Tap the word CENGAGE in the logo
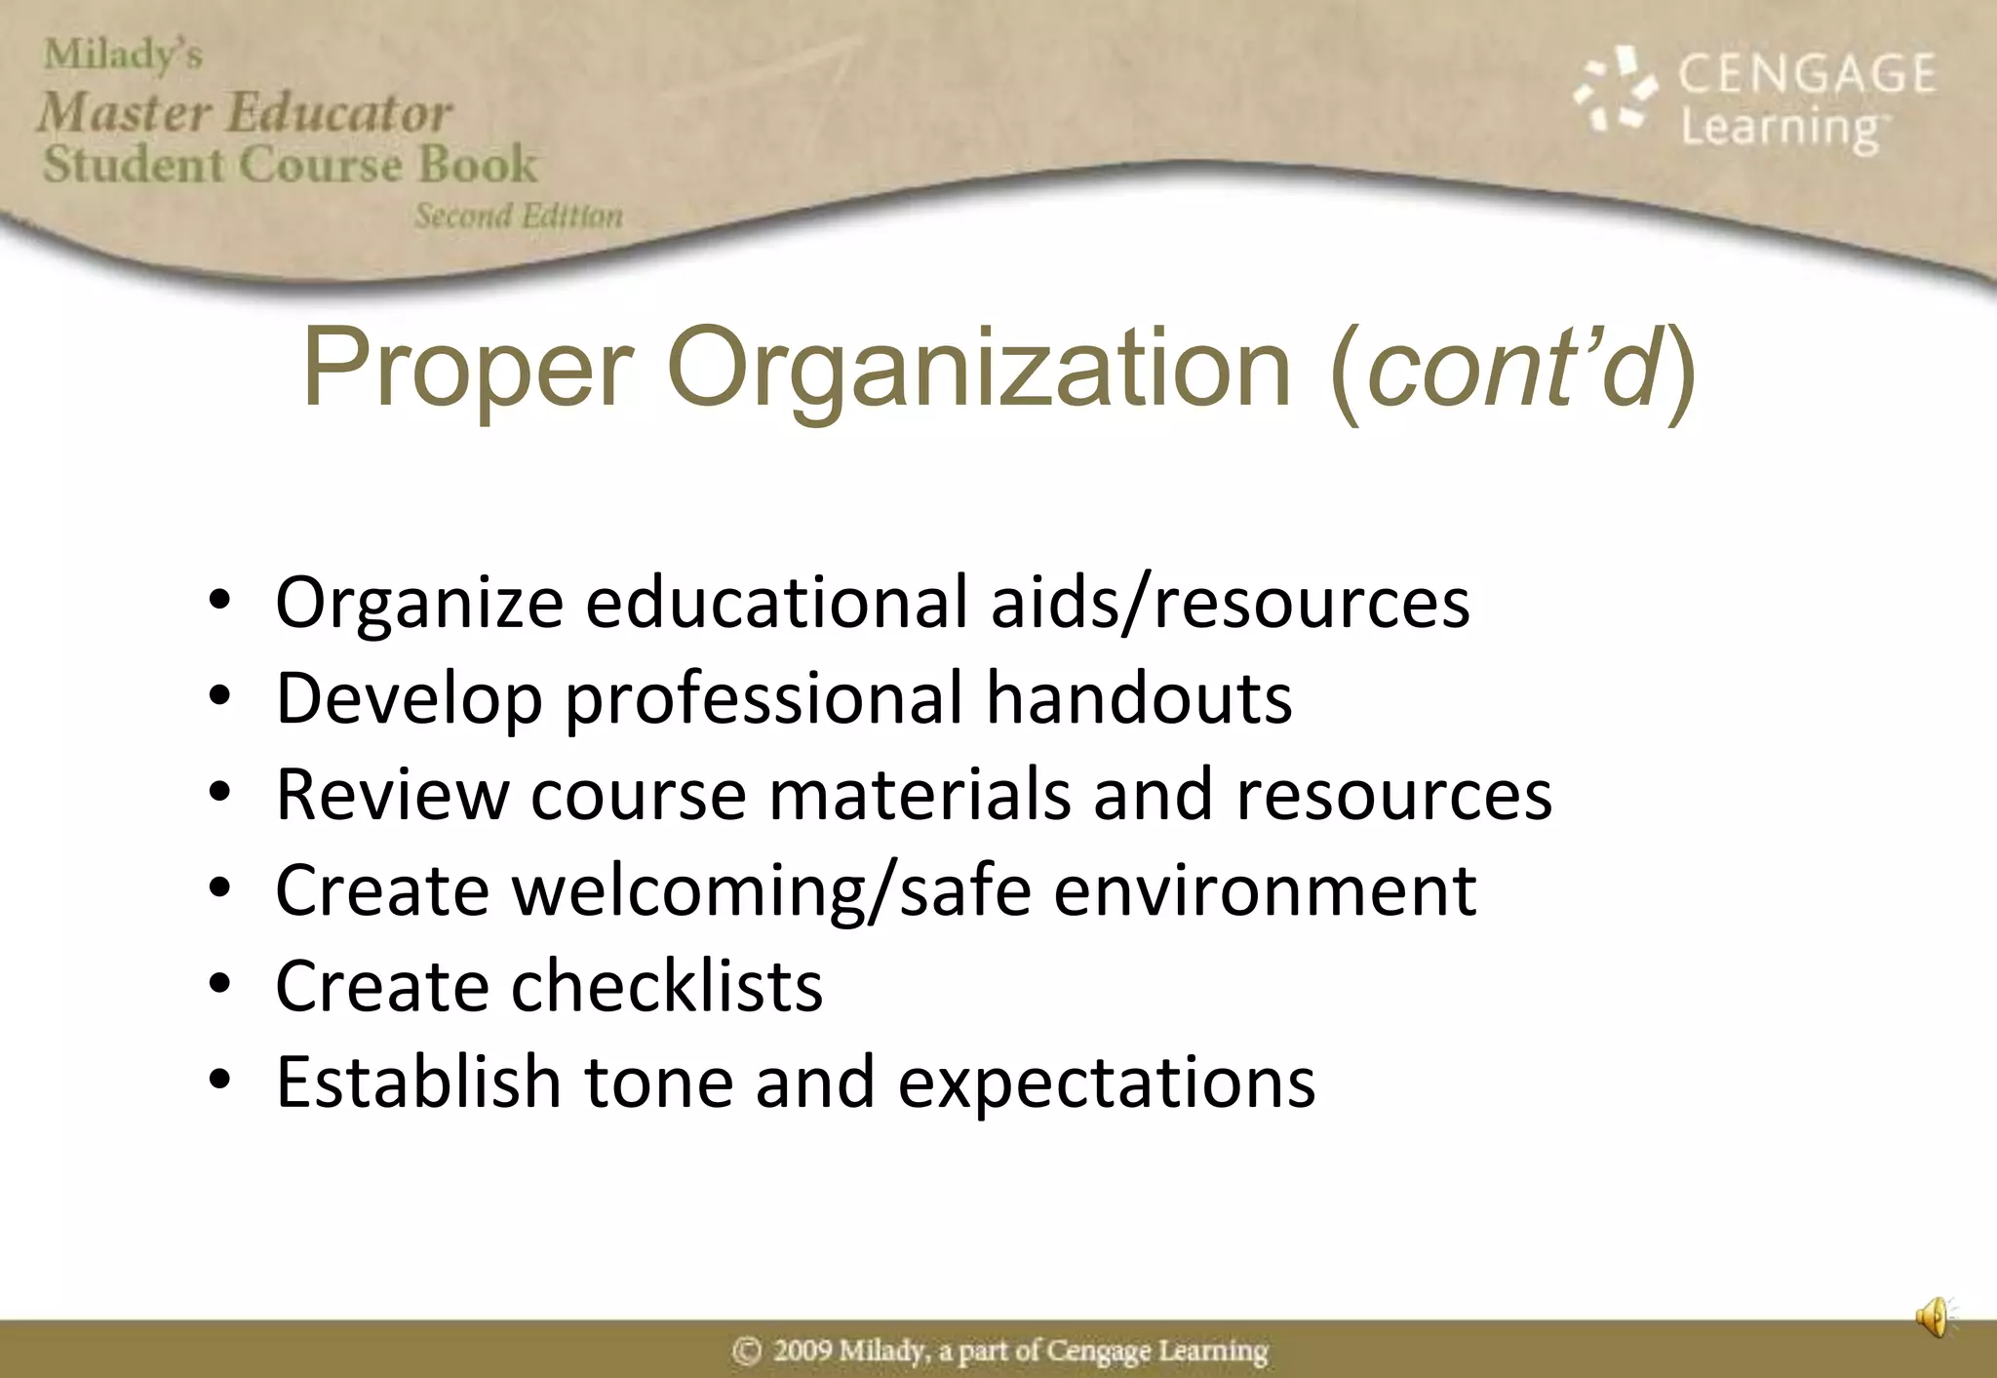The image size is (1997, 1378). [1806, 74]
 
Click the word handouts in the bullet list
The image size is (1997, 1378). [1139, 698]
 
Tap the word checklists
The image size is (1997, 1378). [667, 986]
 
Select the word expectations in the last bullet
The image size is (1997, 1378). [1107, 1083]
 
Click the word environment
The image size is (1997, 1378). [1265, 890]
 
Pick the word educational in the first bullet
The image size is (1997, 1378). [776, 603]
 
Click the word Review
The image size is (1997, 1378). [392, 795]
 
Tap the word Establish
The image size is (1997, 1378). [418, 1082]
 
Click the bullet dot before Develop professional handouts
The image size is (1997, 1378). [219, 698]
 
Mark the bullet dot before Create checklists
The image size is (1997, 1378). [219, 986]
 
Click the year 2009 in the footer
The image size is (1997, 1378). [803, 1351]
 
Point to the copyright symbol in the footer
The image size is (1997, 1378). [746, 1351]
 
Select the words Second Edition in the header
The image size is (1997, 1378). [519, 216]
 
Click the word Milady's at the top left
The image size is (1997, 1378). [123, 55]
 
